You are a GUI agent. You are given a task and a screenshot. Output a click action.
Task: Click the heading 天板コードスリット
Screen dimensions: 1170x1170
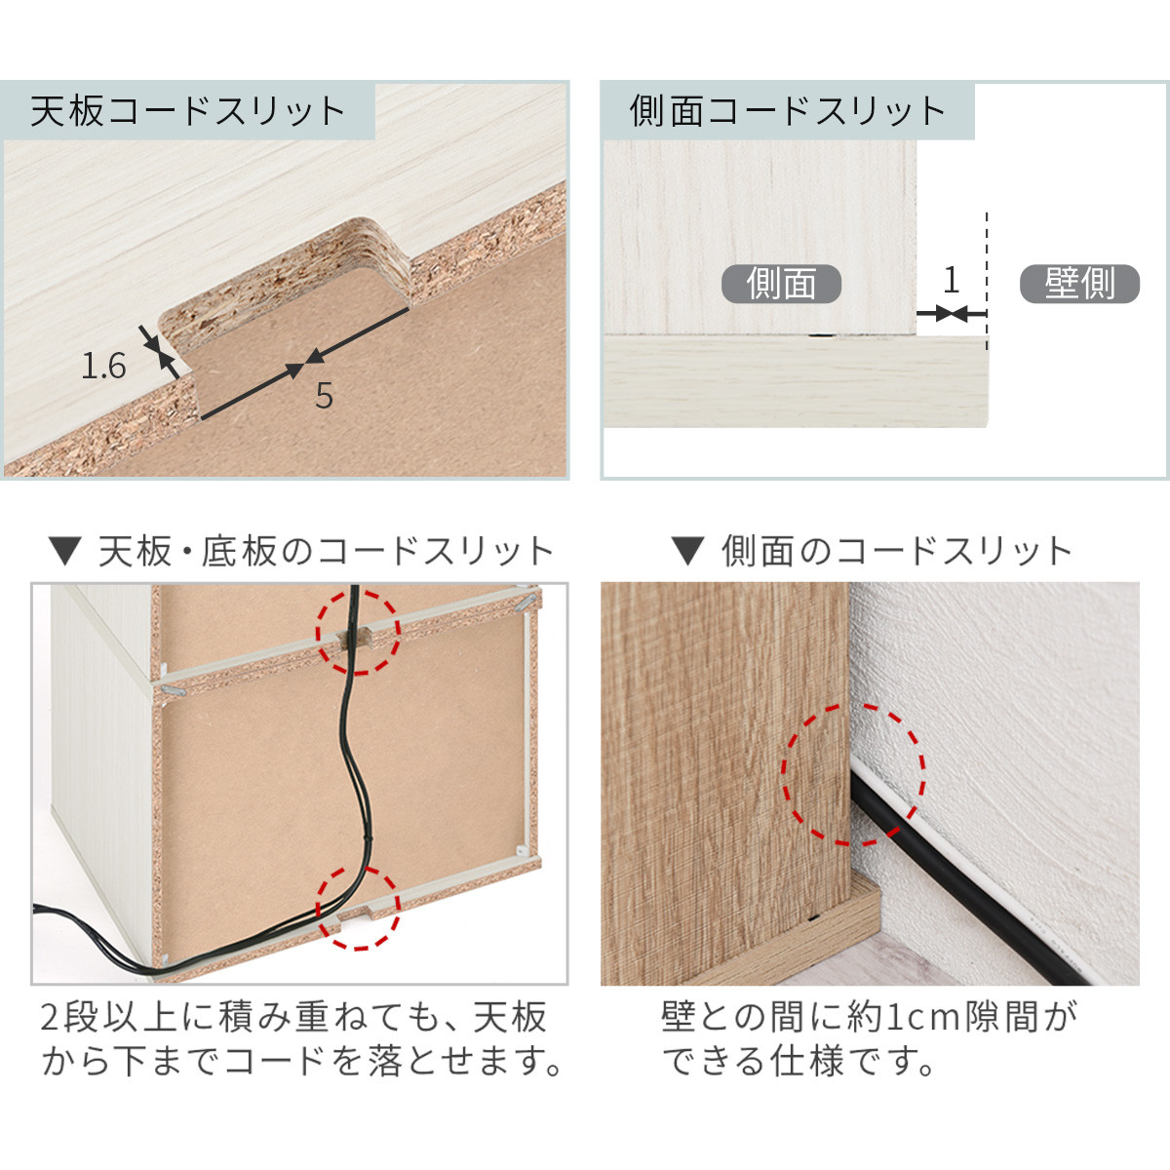tap(188, 111)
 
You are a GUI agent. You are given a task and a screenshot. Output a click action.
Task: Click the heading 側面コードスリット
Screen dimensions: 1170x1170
tap(787, 111)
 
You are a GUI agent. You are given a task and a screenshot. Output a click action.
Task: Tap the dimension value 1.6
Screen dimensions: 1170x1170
tap(103, 367)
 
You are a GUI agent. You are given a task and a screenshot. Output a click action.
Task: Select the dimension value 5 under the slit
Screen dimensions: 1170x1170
tap(324, 396)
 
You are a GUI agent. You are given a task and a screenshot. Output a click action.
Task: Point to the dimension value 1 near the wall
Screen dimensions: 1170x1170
tap(951, 281)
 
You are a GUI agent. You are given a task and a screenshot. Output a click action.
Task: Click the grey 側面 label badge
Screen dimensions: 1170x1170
tap(781, 284)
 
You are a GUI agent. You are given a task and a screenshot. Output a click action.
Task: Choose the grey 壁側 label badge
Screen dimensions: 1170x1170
tap(1079, 284)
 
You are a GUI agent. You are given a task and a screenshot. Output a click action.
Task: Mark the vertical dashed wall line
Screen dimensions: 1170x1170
tap(987, 273)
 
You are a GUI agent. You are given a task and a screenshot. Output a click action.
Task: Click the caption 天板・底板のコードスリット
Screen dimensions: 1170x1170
tap(327, 552)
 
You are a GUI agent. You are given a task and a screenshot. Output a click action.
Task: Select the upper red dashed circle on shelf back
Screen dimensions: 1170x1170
tap(358, 631)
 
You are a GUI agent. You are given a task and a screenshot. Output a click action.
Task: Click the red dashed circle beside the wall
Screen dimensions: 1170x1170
tap(854, 775)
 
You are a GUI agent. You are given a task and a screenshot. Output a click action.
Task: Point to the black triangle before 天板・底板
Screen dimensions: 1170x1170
tap(65, 553)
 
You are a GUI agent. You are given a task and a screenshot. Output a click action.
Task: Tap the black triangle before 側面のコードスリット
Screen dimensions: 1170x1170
tap(687, 553)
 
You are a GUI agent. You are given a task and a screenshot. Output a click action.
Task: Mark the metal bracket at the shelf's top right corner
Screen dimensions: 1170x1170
tap(527, 600)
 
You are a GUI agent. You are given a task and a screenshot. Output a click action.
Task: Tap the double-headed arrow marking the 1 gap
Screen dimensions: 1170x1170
tap(951, 314)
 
